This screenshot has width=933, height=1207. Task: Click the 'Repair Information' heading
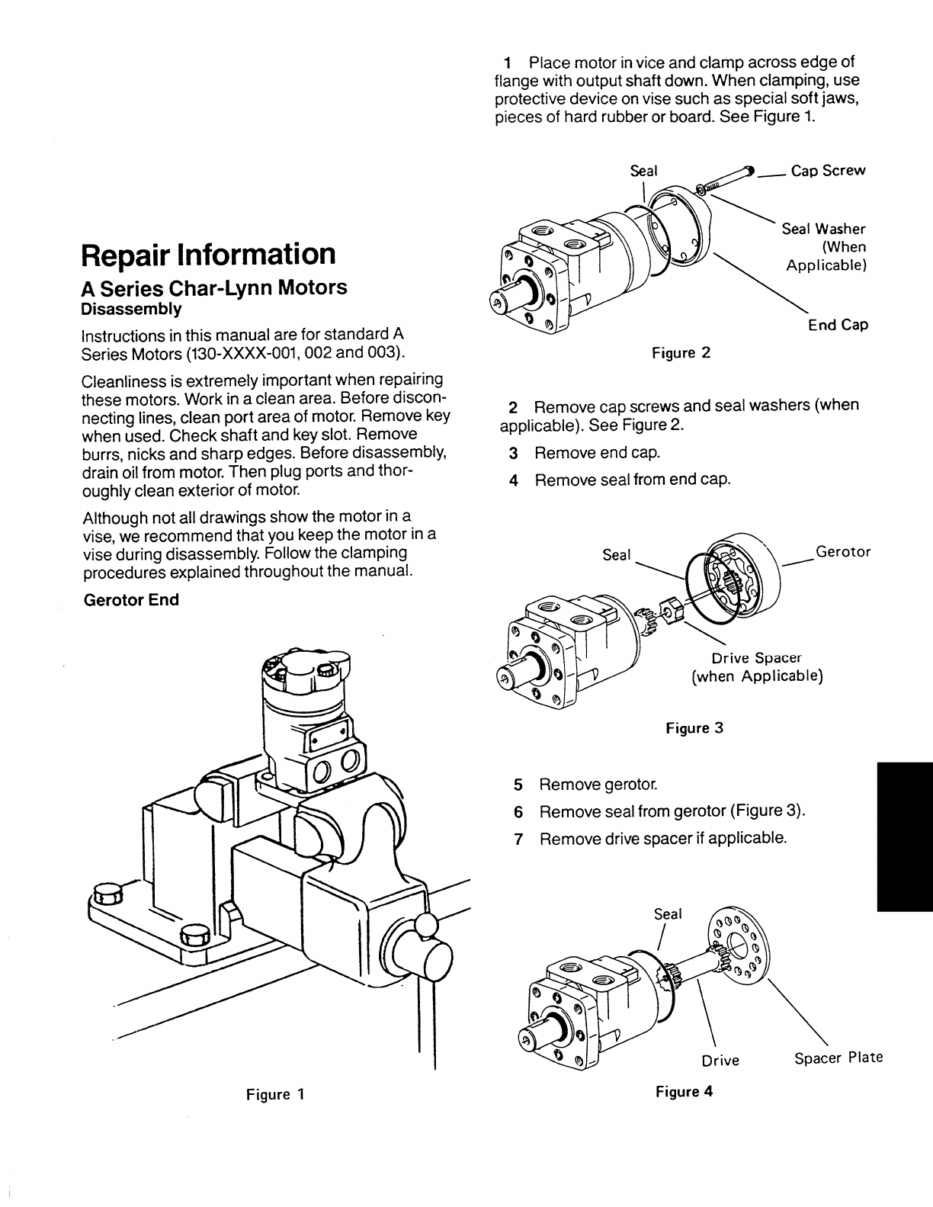click(208, 254)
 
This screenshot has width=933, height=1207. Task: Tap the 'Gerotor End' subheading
click(130, 600)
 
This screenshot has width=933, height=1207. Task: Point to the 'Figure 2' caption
click(681, 353)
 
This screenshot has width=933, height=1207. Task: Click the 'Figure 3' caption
click(694, 728)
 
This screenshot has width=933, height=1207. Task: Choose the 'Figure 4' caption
click(684, 1091)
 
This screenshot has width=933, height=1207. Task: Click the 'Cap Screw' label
click(828, 171)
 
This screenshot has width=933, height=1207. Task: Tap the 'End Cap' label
click(838, 326)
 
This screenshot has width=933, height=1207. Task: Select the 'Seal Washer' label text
click(823, 229)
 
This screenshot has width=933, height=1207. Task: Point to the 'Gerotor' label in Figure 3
click(843, 551)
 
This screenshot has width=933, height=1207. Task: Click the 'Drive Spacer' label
click(756, 658)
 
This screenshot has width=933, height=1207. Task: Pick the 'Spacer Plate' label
click(838, 1058)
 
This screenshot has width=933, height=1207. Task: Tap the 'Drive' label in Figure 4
click(720, 1061)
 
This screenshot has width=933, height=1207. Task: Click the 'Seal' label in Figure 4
click(668, 913)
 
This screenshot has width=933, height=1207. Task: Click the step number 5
click(518, 785)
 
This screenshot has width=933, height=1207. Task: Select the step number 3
click(514, 453)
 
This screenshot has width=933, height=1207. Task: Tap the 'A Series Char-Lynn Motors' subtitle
click(214, 287)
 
